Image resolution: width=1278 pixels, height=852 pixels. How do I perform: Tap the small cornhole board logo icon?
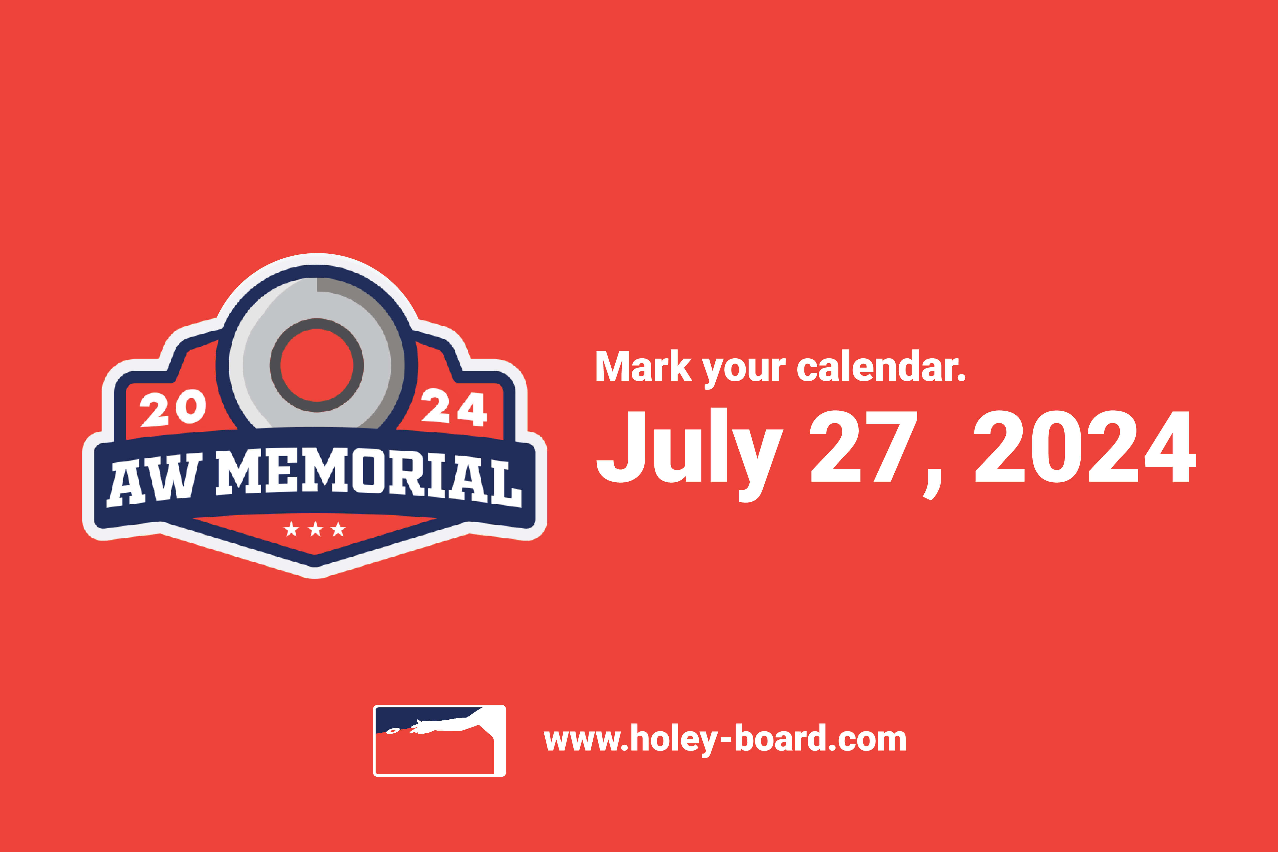point(439,741)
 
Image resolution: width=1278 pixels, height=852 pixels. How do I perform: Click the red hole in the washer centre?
point(317,365)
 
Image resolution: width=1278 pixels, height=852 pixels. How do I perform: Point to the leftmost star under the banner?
point(292,529)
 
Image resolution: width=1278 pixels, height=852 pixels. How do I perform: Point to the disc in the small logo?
point(392,731)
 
